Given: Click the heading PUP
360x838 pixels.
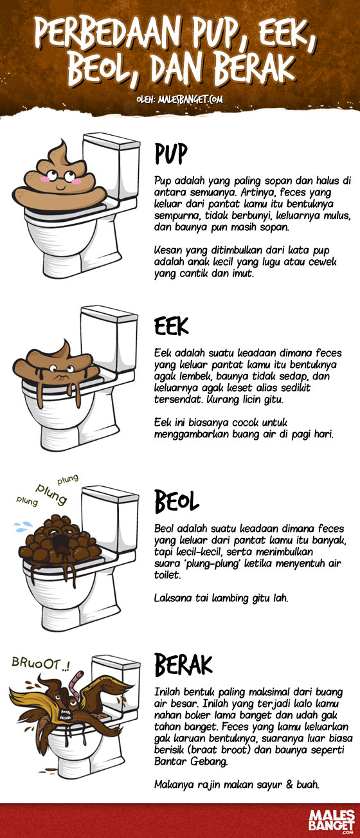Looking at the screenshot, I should (171, 154).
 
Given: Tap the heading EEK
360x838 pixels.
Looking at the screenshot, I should (171, 327).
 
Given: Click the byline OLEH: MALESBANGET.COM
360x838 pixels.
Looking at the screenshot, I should (179, 100).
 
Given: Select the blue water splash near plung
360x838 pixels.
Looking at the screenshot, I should (24, 524).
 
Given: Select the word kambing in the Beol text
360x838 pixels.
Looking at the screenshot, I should (221, 598).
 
